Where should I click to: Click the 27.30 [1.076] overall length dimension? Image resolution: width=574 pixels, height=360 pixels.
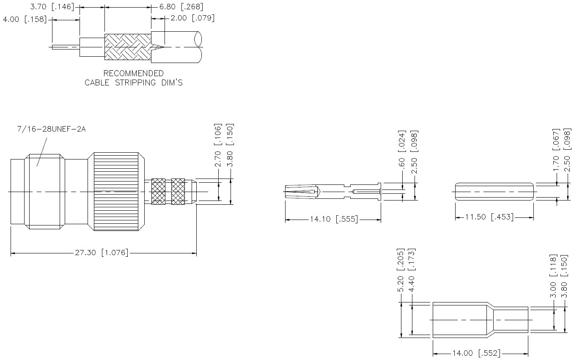[102, 253]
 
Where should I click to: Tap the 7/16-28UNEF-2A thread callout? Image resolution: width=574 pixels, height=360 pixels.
[51, 129]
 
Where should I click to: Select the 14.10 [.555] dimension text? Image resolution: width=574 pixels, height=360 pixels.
[334, 219]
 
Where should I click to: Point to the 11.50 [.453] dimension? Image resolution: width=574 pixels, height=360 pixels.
[489, 217]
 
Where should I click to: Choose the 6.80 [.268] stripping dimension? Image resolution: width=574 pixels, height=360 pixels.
[181, 6]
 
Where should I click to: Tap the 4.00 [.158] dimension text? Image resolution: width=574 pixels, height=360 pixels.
[25, 19]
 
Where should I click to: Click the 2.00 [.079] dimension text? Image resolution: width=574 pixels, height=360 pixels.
[192, 18]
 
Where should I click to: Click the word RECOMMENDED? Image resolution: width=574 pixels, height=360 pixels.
[134, 74]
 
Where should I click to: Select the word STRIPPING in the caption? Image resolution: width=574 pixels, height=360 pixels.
[136, 82]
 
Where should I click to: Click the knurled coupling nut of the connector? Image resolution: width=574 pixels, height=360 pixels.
[116, 191]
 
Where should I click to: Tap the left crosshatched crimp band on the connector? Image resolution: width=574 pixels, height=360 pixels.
[158, 192]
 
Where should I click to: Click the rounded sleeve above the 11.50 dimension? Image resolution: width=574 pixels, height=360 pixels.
[494, 192]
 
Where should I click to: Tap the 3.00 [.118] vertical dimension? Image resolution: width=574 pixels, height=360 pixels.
[552, 276]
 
